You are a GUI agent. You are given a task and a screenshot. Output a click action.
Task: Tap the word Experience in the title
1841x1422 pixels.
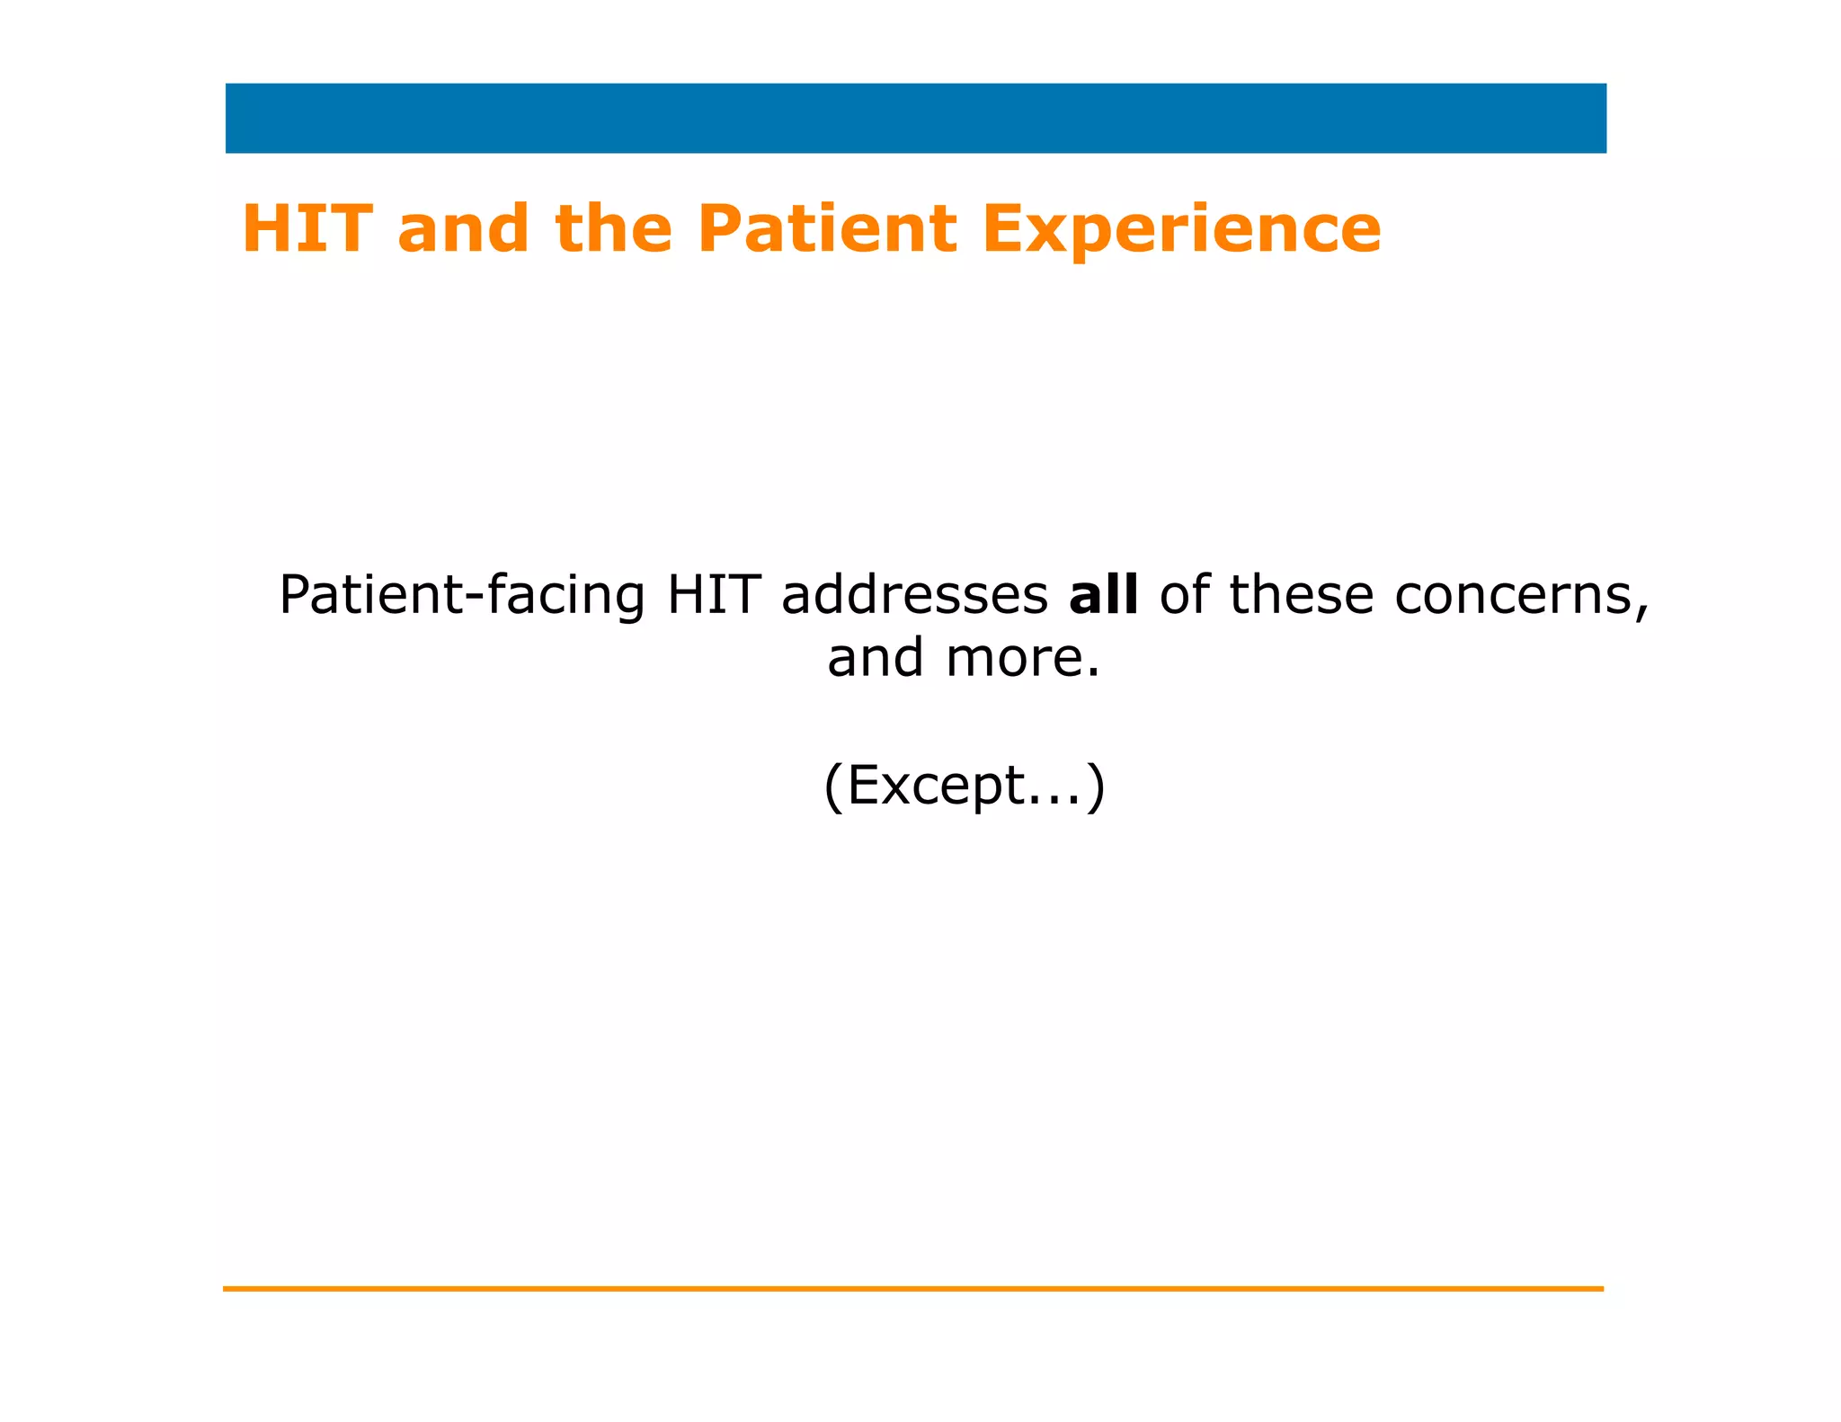click(1181, 230)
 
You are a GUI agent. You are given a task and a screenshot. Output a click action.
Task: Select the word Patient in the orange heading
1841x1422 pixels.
click(827, 228)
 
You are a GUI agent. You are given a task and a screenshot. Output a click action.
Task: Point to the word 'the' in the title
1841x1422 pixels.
click(614, 228)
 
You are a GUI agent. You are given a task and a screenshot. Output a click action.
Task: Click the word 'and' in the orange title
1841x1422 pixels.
click(463, 230)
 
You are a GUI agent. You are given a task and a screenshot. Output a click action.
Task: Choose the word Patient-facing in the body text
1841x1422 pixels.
click(461, 597)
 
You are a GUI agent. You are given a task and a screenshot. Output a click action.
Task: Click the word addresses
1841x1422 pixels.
click(914, 595)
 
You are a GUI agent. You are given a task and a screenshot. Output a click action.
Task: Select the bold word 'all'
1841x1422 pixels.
click(1103, 595)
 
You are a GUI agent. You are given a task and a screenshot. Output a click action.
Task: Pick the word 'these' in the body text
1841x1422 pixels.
click(1302, 595)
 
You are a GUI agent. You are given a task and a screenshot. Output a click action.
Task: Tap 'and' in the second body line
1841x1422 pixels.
click(875, 658)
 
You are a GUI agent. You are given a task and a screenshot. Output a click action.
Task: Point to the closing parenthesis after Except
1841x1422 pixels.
click(1096, 787)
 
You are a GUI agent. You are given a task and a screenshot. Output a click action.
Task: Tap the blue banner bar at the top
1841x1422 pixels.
click(915, 119)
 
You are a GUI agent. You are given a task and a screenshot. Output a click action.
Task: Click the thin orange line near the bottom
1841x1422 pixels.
click(912, 1289)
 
